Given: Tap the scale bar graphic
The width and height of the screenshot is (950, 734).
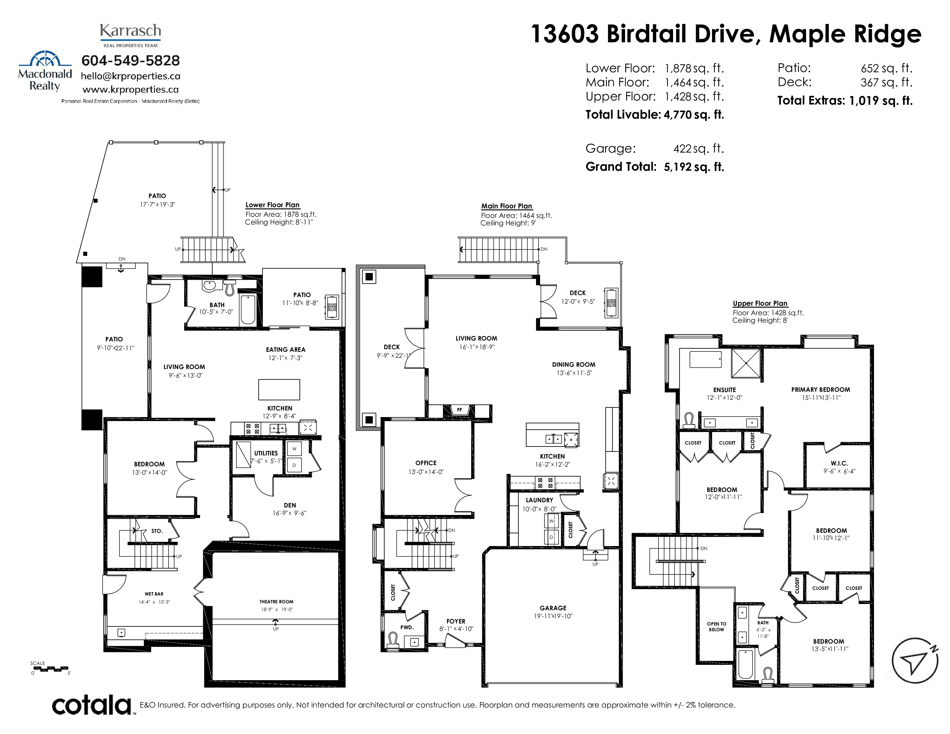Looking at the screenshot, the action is tap(50, 668).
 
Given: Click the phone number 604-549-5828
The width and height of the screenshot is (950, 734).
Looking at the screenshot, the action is tap(130, 60).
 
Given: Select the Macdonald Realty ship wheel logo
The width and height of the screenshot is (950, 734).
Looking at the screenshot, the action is tap(45, 59).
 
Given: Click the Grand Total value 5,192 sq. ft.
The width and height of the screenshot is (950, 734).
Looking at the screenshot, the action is tap(694, 167).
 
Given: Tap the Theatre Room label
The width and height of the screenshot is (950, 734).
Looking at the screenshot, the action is tap(276, 602).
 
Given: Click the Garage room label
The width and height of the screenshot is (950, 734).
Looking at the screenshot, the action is tap(553, 608).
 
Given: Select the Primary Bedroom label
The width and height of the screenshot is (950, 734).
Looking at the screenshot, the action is tap(820, 390).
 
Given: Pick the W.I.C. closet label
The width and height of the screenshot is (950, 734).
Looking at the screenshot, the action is tap(839, 463).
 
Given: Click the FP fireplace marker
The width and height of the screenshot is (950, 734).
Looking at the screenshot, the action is tap(459, 410).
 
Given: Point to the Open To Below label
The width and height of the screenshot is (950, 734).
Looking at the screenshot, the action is tap(717, 627).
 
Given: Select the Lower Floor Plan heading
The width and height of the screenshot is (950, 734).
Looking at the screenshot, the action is tap(272, 205).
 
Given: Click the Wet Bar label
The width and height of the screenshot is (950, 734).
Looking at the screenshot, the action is tap(154, 594).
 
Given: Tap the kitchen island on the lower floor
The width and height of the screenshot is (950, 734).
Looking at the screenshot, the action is tap(279, 390).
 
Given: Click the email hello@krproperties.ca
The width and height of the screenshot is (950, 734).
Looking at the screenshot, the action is tap(130, 76).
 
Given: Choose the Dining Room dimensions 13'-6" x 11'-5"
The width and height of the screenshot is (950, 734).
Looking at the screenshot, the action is tap(574, 373).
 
